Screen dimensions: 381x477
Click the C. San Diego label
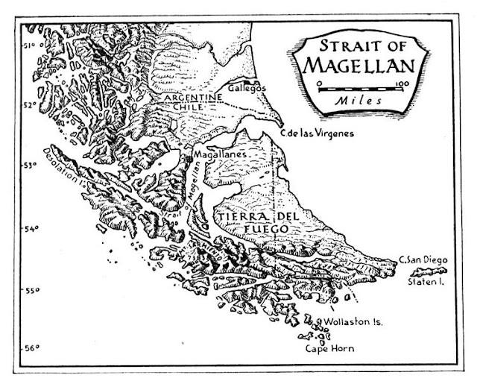click(x=423, y=259)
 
